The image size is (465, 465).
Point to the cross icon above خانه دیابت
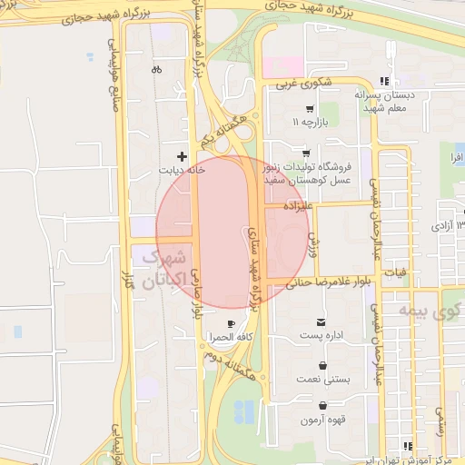tap(183, 156)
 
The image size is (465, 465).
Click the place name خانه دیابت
tap(183, 170)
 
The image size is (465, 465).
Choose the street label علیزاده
tap(297, 207)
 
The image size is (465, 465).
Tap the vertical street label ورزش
tap(312, 243)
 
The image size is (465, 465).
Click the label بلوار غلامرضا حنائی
tap(330, 282)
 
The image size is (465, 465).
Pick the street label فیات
tap(396, 272)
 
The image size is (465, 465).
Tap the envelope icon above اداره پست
tap(321, 322)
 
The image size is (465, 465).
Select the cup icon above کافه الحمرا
tap(231, 323)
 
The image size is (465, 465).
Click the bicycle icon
tap(157, 69)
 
